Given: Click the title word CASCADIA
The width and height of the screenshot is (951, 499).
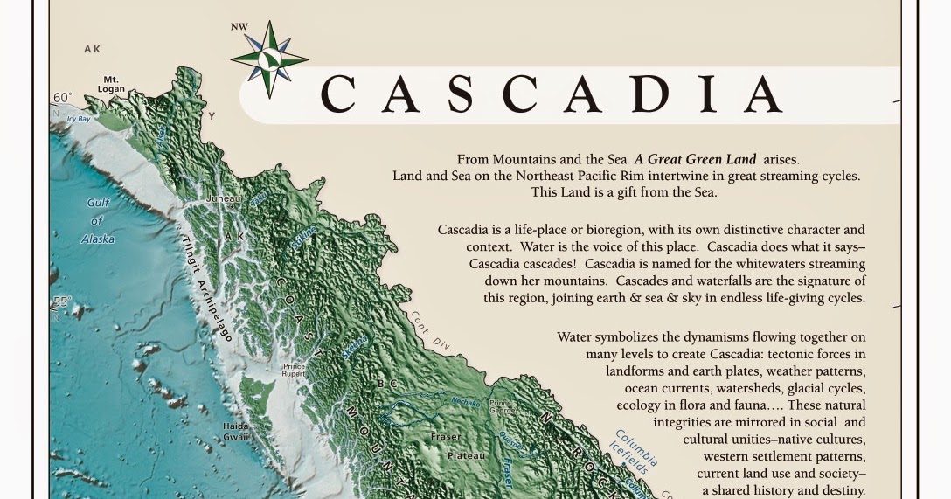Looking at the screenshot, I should [x=551, y=94].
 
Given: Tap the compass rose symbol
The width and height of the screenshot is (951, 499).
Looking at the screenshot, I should [x=269, y=59].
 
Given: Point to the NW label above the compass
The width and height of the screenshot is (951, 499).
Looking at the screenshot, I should [x=239, y=26].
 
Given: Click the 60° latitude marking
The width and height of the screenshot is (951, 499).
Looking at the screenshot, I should [x=62, y=98].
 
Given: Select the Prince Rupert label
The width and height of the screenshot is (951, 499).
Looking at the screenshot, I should [x=294, y=371].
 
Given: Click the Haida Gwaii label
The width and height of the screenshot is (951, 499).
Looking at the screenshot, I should [x=235, y=432].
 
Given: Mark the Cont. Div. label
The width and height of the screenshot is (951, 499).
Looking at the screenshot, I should [x=432, y=330].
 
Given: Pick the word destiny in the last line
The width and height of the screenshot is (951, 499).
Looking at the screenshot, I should [x=837, y=491].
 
